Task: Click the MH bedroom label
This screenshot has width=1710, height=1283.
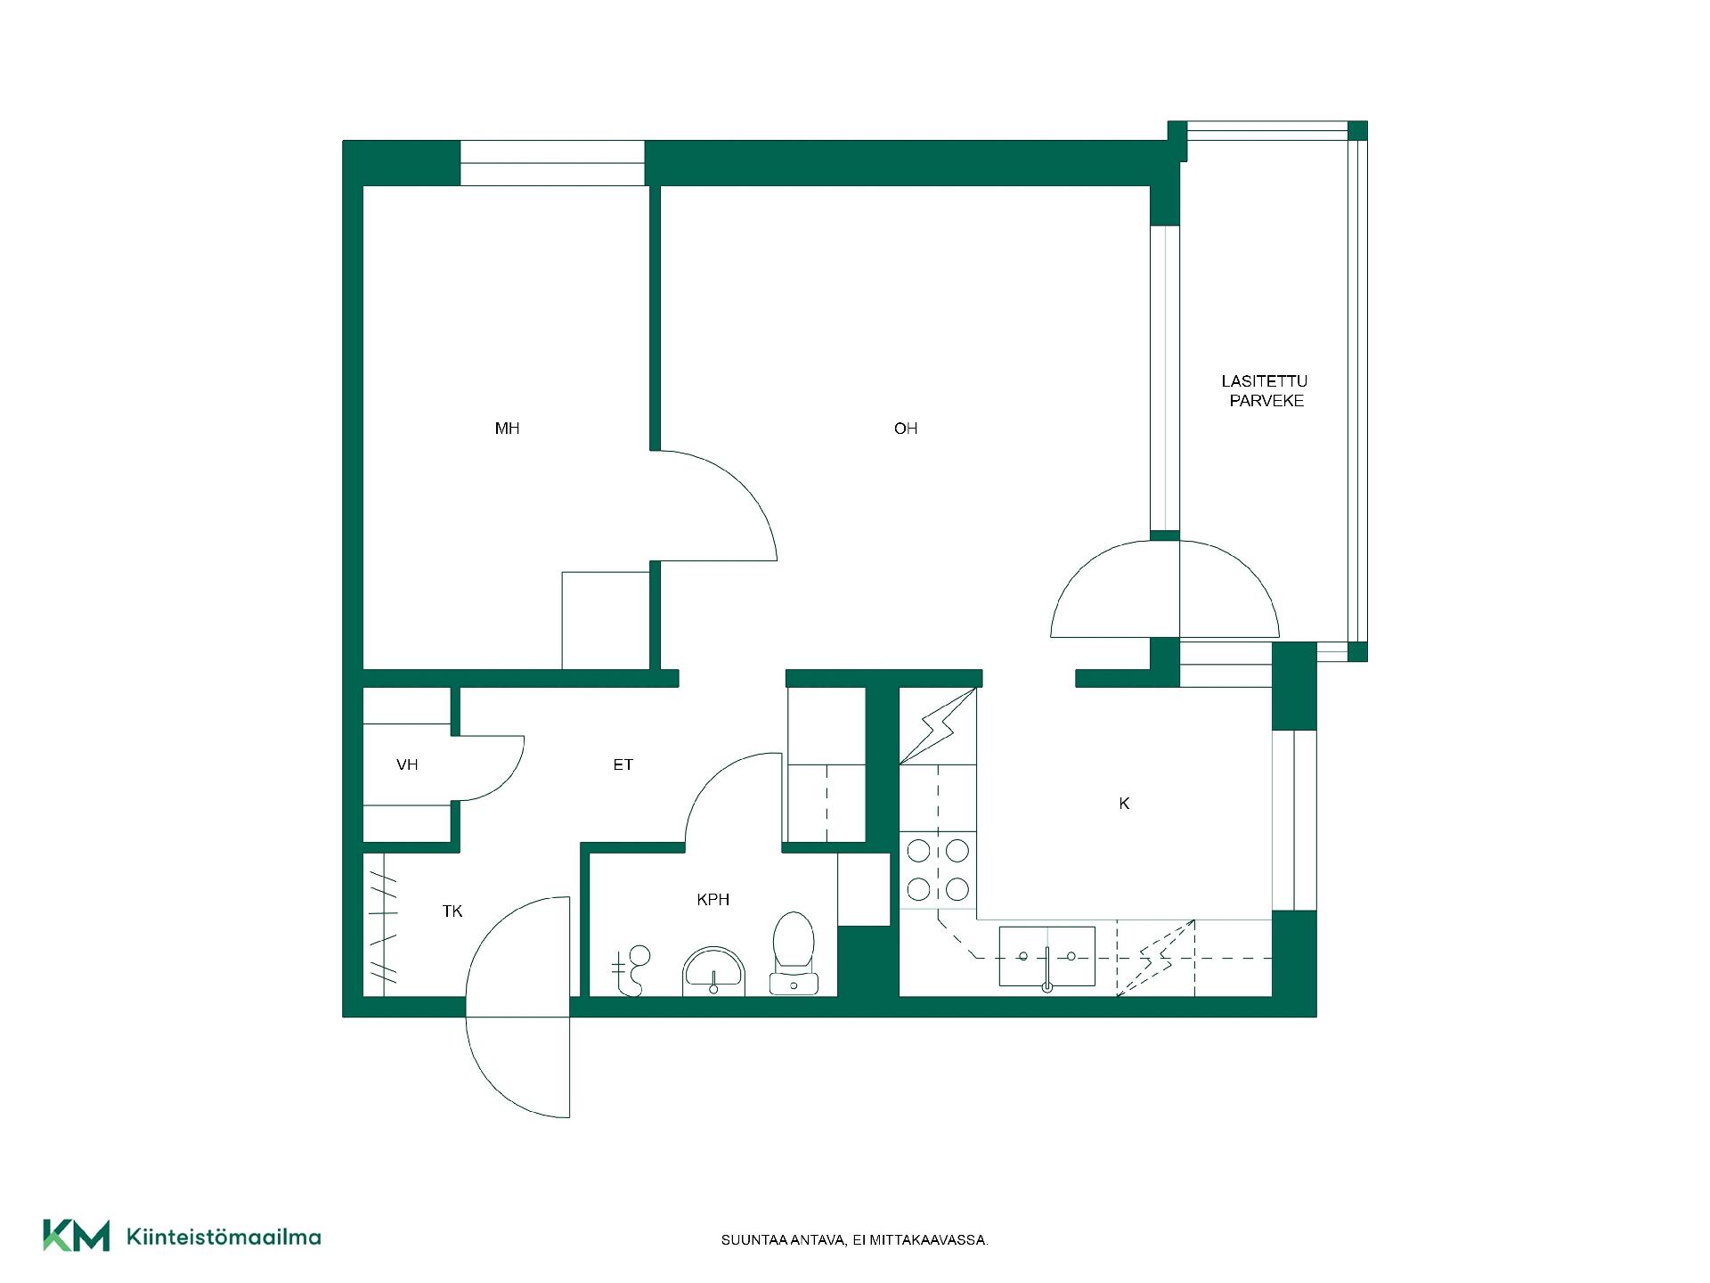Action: click(x=507, y=429)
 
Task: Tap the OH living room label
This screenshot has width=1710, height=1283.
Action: click(x=906, y=429)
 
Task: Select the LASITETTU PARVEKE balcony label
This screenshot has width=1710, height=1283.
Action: click(x=1266, y=391)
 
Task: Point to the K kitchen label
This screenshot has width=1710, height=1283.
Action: click(x=1124, y=804)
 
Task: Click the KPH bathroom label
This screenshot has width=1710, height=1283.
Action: click(x=713, y=900)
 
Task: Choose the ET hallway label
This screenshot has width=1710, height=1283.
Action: click(x=623, y=764)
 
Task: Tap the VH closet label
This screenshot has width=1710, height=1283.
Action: click(x=407, y=764)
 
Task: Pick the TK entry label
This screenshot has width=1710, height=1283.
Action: click(x=452, y=911)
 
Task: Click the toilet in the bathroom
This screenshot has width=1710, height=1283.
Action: click(x=794, y=952)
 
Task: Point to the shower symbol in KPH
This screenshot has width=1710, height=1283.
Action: click(x=631, y=970)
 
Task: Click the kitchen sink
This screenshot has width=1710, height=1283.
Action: click(x=1047, y=957)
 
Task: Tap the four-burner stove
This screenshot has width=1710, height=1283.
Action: click(x=938, y=870)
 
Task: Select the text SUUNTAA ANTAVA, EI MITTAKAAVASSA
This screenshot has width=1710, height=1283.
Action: click(x=855, y=1240)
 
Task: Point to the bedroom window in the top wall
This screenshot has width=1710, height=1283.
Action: click(x=552, y=163)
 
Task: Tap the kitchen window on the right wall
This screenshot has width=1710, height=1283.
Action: click(x=1294, y=820)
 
